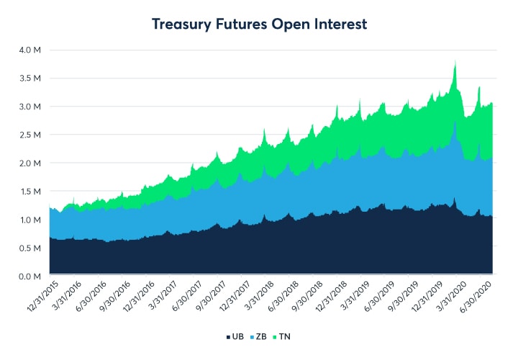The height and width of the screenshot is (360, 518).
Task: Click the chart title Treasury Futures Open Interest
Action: click(x=259, y=24)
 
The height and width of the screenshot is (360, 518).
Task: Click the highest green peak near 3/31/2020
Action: click(x=455, y=61)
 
